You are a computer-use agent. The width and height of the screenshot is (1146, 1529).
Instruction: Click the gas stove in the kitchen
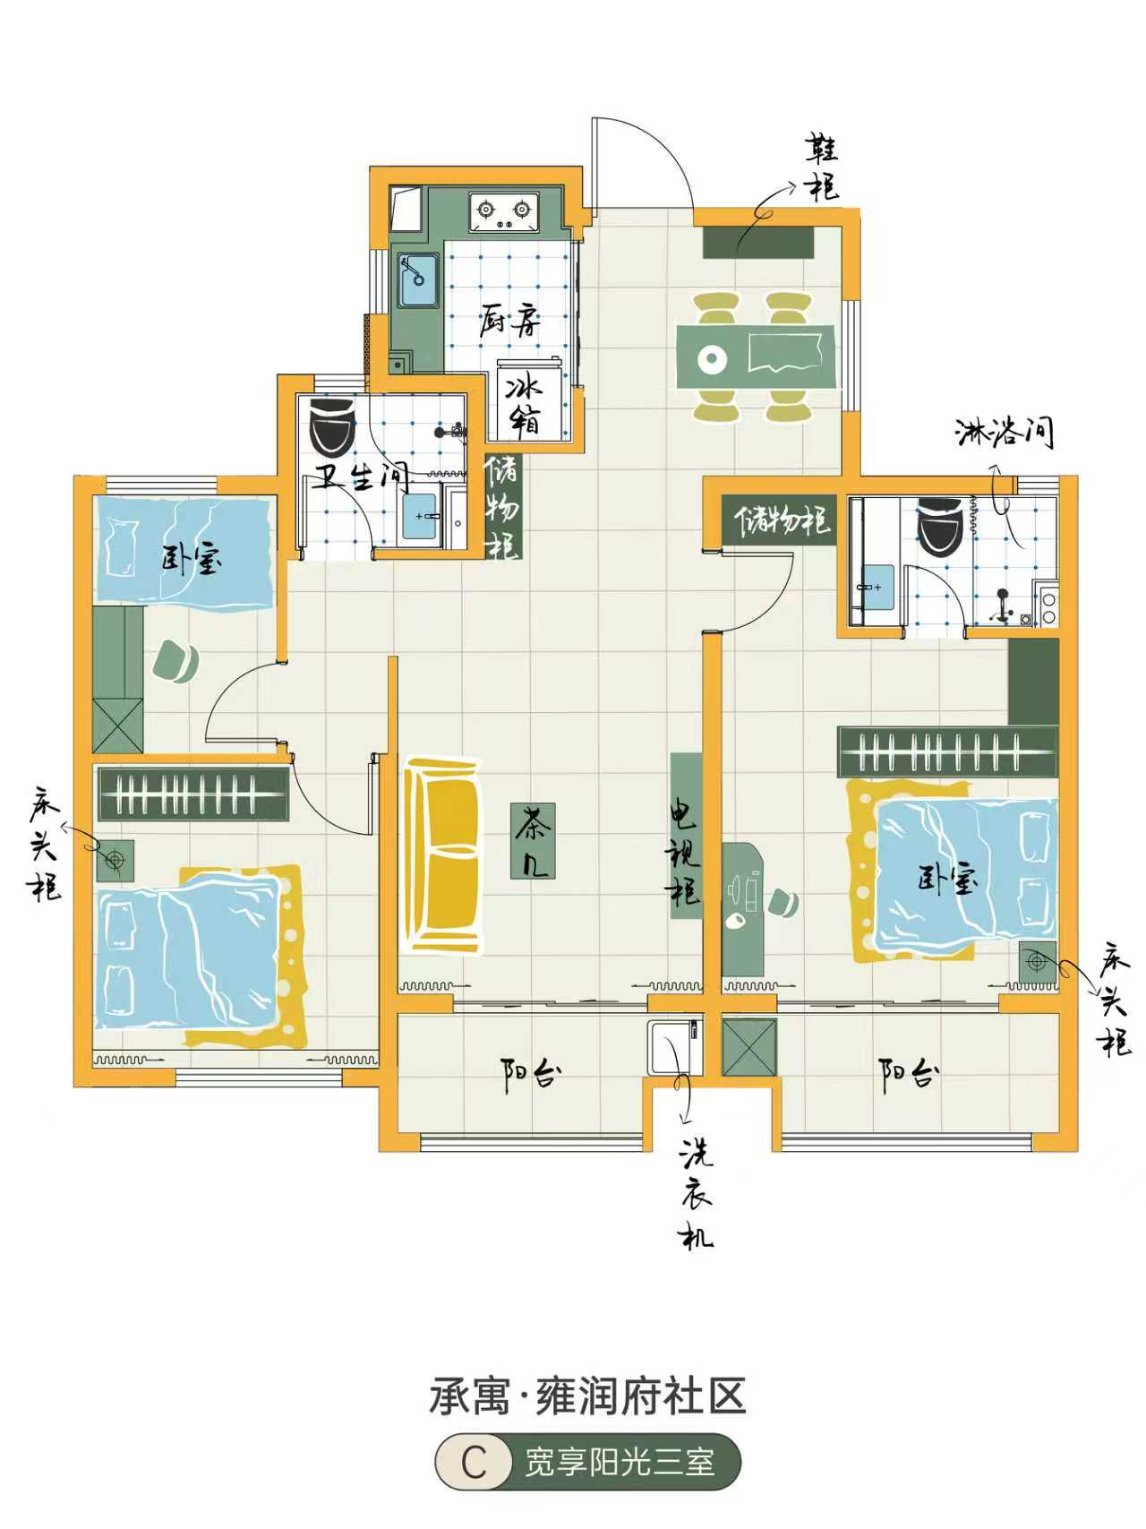504,211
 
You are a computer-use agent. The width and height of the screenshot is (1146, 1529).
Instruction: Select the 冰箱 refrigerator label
525,405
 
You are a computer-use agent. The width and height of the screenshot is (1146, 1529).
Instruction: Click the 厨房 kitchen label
511,320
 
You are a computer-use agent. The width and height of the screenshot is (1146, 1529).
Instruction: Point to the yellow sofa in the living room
443,855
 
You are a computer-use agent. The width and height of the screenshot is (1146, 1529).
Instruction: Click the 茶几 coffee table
533,839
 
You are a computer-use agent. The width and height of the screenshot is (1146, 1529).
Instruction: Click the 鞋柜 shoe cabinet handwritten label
822,168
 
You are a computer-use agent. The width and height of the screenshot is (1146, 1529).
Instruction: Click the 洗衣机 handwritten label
697,1193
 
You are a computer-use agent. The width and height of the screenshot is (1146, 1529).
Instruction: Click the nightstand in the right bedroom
1037,962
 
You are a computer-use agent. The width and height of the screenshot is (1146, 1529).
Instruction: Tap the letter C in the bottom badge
474,1464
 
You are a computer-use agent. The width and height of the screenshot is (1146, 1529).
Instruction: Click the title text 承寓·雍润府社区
587,1396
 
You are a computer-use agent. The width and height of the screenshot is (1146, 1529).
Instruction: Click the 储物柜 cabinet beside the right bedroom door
780,520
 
